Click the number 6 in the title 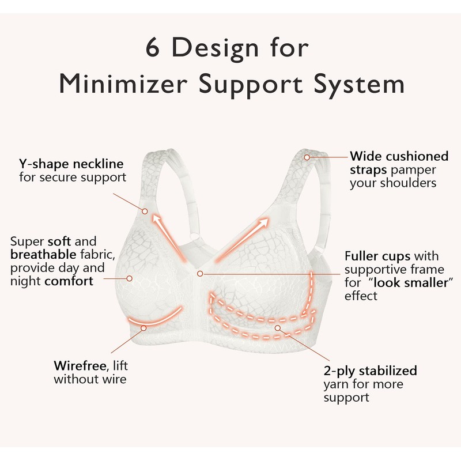pyautogui.click(x=152, y=48)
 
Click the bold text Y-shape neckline pyautogui.click(x=79, y=163)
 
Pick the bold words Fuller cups pyautogui.click(x=377, y=255)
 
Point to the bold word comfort pyautogui.click(x=69, y=282)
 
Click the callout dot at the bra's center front pyautogui.click(x=199, y=273)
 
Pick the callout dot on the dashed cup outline pyautogui.click(x=278, y=327)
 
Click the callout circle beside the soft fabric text pyautogui.click(x=130, y=278)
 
